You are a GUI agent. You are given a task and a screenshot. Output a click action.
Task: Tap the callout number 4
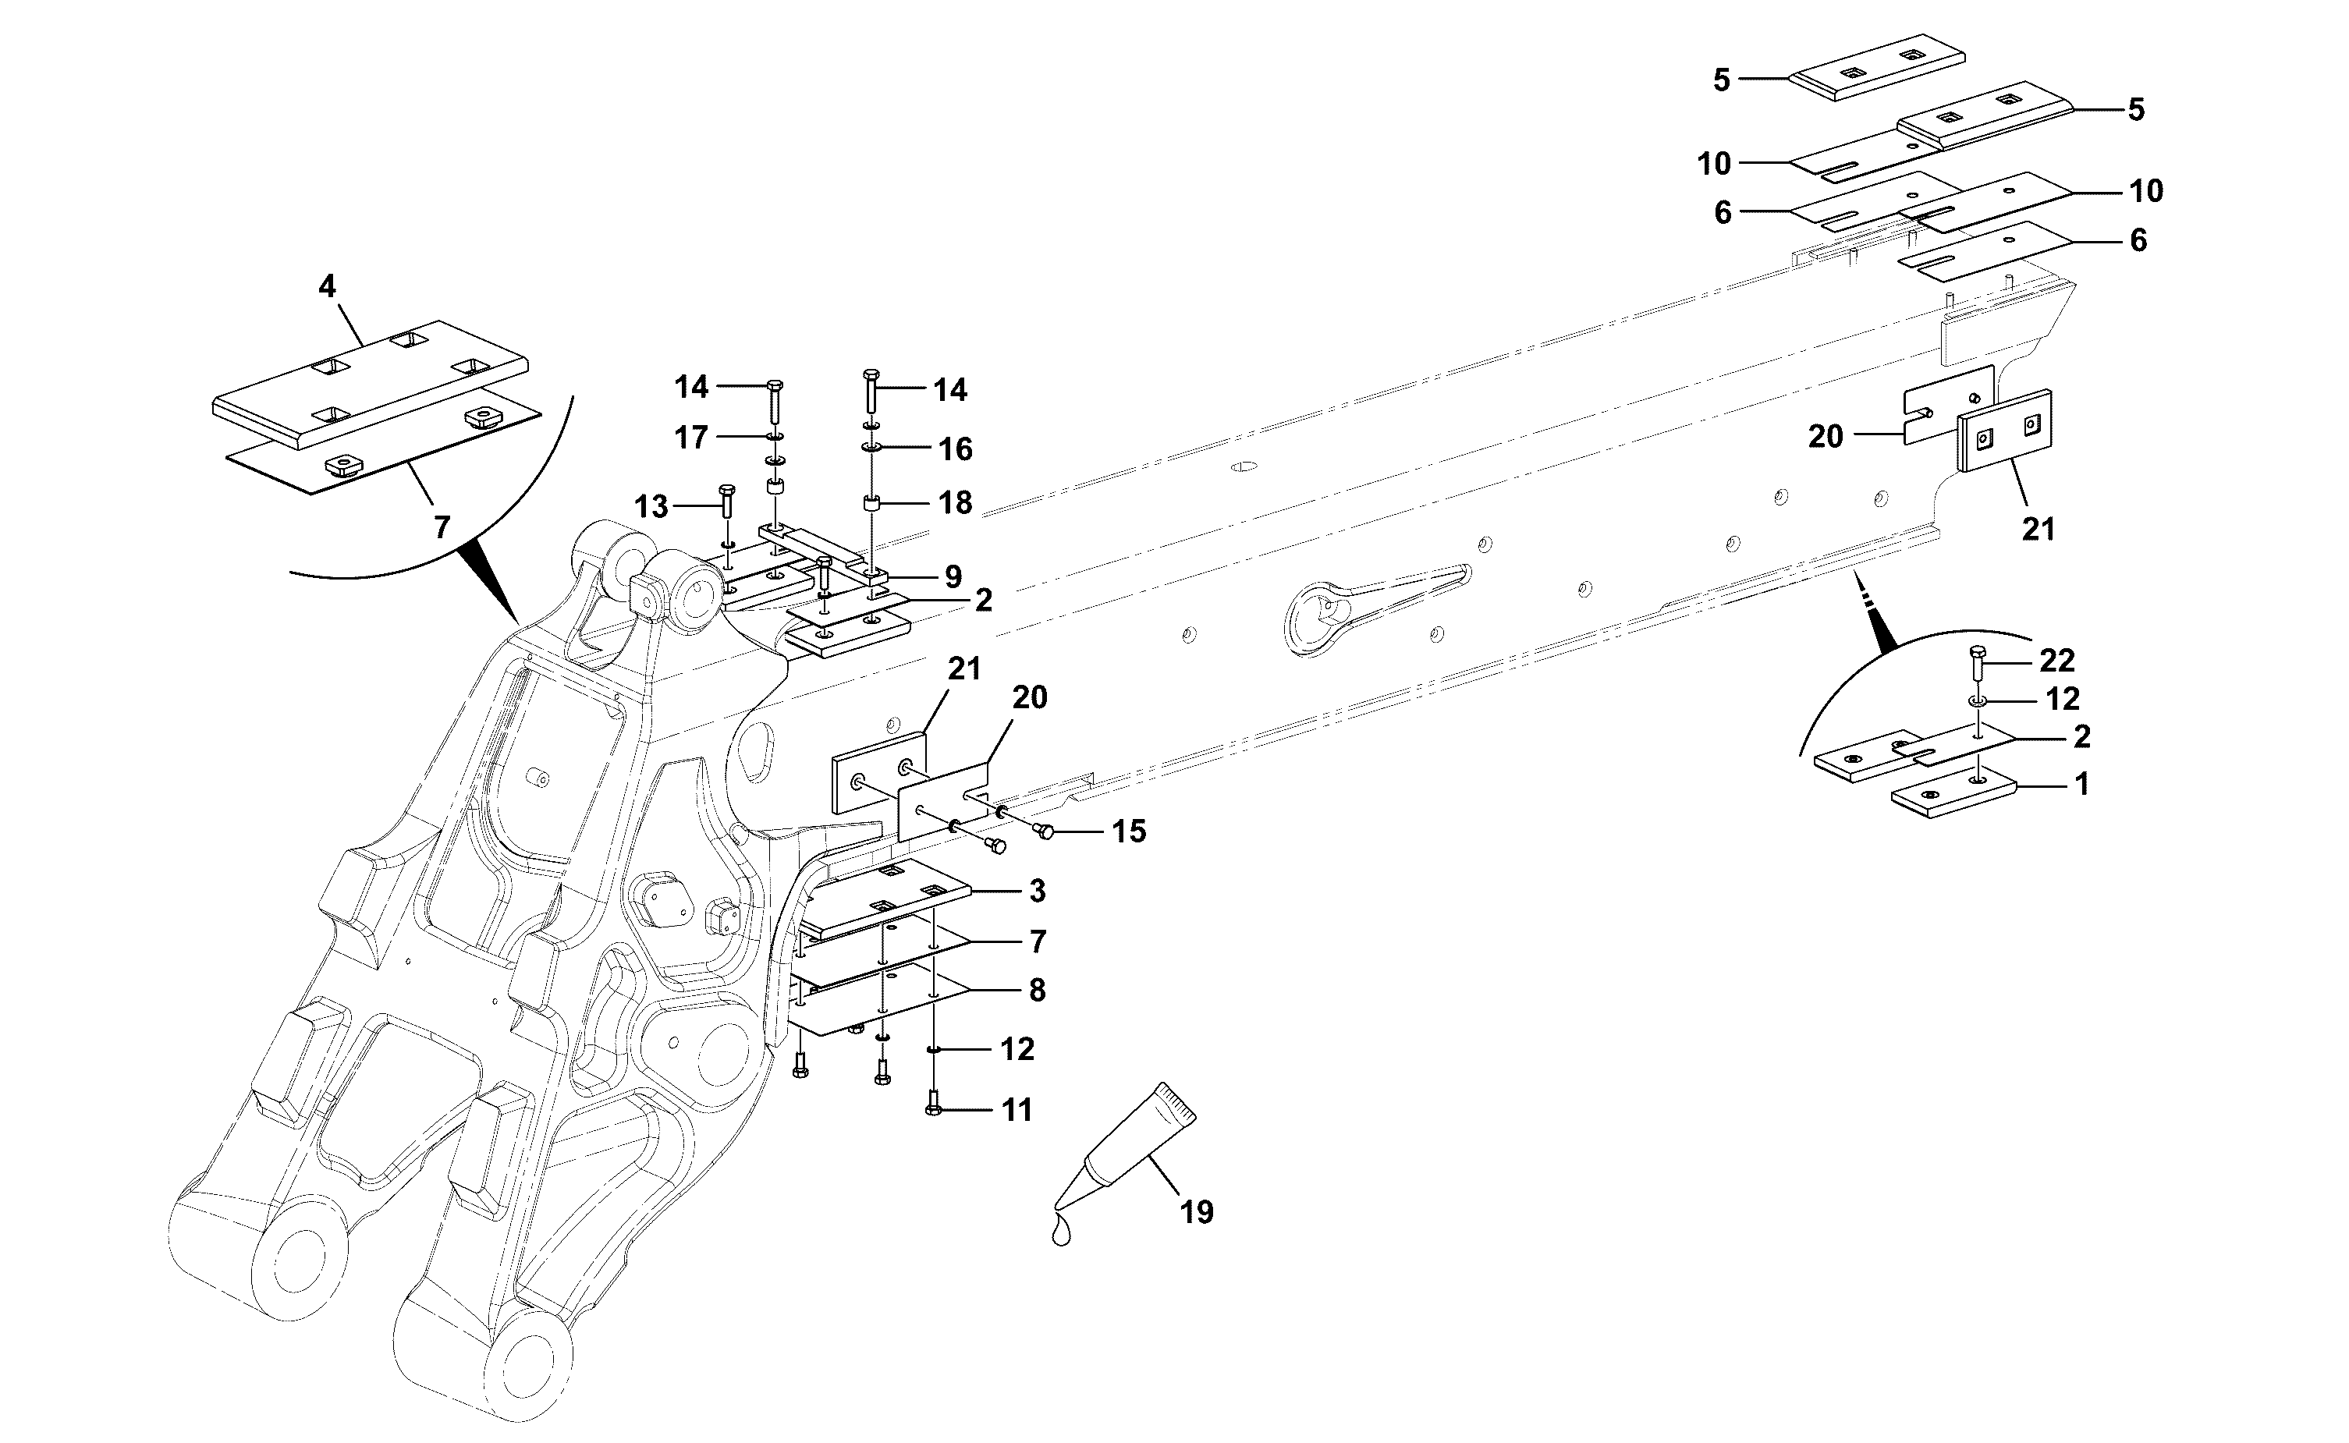[x=328, y=285]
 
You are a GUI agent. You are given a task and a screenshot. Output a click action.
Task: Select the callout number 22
[x=2058, y=661]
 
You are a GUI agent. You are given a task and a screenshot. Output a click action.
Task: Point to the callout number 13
[x=652, y=507]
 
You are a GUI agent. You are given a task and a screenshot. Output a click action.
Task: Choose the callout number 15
[x=1128, y=831]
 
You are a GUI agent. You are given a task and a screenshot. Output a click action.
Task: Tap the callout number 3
[x=1038, y=892]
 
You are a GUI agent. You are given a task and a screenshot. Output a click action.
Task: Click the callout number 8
[x=1038, y=991]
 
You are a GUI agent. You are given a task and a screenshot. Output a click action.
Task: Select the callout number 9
[x=953, y=576]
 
